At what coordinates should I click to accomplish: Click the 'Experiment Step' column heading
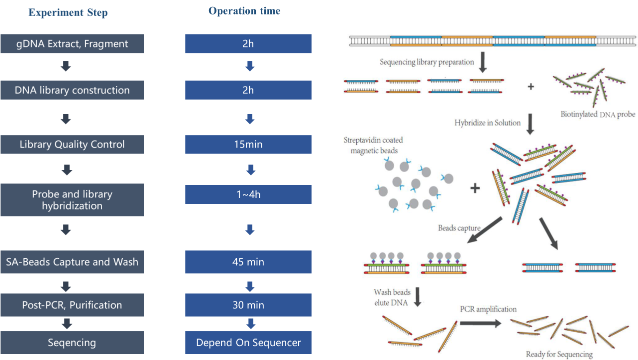pyautogui.click(x=68, y=12)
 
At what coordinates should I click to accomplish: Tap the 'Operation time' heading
pyautogui.click(x=244, y=11)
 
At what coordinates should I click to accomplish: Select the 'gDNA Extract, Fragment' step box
pyautogui.click(x=72, y=43)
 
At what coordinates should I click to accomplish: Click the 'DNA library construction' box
pyautogui.click(x=72, y=90)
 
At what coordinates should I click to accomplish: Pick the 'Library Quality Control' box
pyautogui.click(x=72, y=144)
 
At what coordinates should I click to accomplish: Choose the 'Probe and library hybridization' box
pyautogui.click(x=72, y=200)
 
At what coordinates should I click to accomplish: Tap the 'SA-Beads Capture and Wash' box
pyautogui.click(x=72, y=262)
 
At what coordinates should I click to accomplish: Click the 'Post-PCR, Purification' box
pyautogui.click(x=72, y=305)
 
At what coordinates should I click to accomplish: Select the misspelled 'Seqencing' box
pyautogui.click(x=72, y=342)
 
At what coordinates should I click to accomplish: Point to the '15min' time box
pyautogui.click(x=248, y=144)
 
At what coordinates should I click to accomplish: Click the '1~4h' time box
pyautogui.click(x=248, y=194)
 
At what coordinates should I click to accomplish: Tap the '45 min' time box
pyautogui.click(x=248, y=262)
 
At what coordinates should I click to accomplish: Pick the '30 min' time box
pyautogui.click(x=248, y=305)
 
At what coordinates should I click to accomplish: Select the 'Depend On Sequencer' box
pyautogui.click(x=248, y=342)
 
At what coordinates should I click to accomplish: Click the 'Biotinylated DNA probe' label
pyautogui.click(x=598, y=114)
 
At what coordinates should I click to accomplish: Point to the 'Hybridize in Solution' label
pyautogui.click(x=487, y=123)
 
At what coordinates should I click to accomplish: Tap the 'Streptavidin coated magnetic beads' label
pyautogui.click(x=373, y=145)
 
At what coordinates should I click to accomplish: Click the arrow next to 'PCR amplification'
pyautogui.click(x=481, y=323)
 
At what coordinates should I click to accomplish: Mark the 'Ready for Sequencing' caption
pyautogui.click(x=559, y=354)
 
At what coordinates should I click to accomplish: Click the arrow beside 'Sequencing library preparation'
pyautogui.click(x=483, y=62)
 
